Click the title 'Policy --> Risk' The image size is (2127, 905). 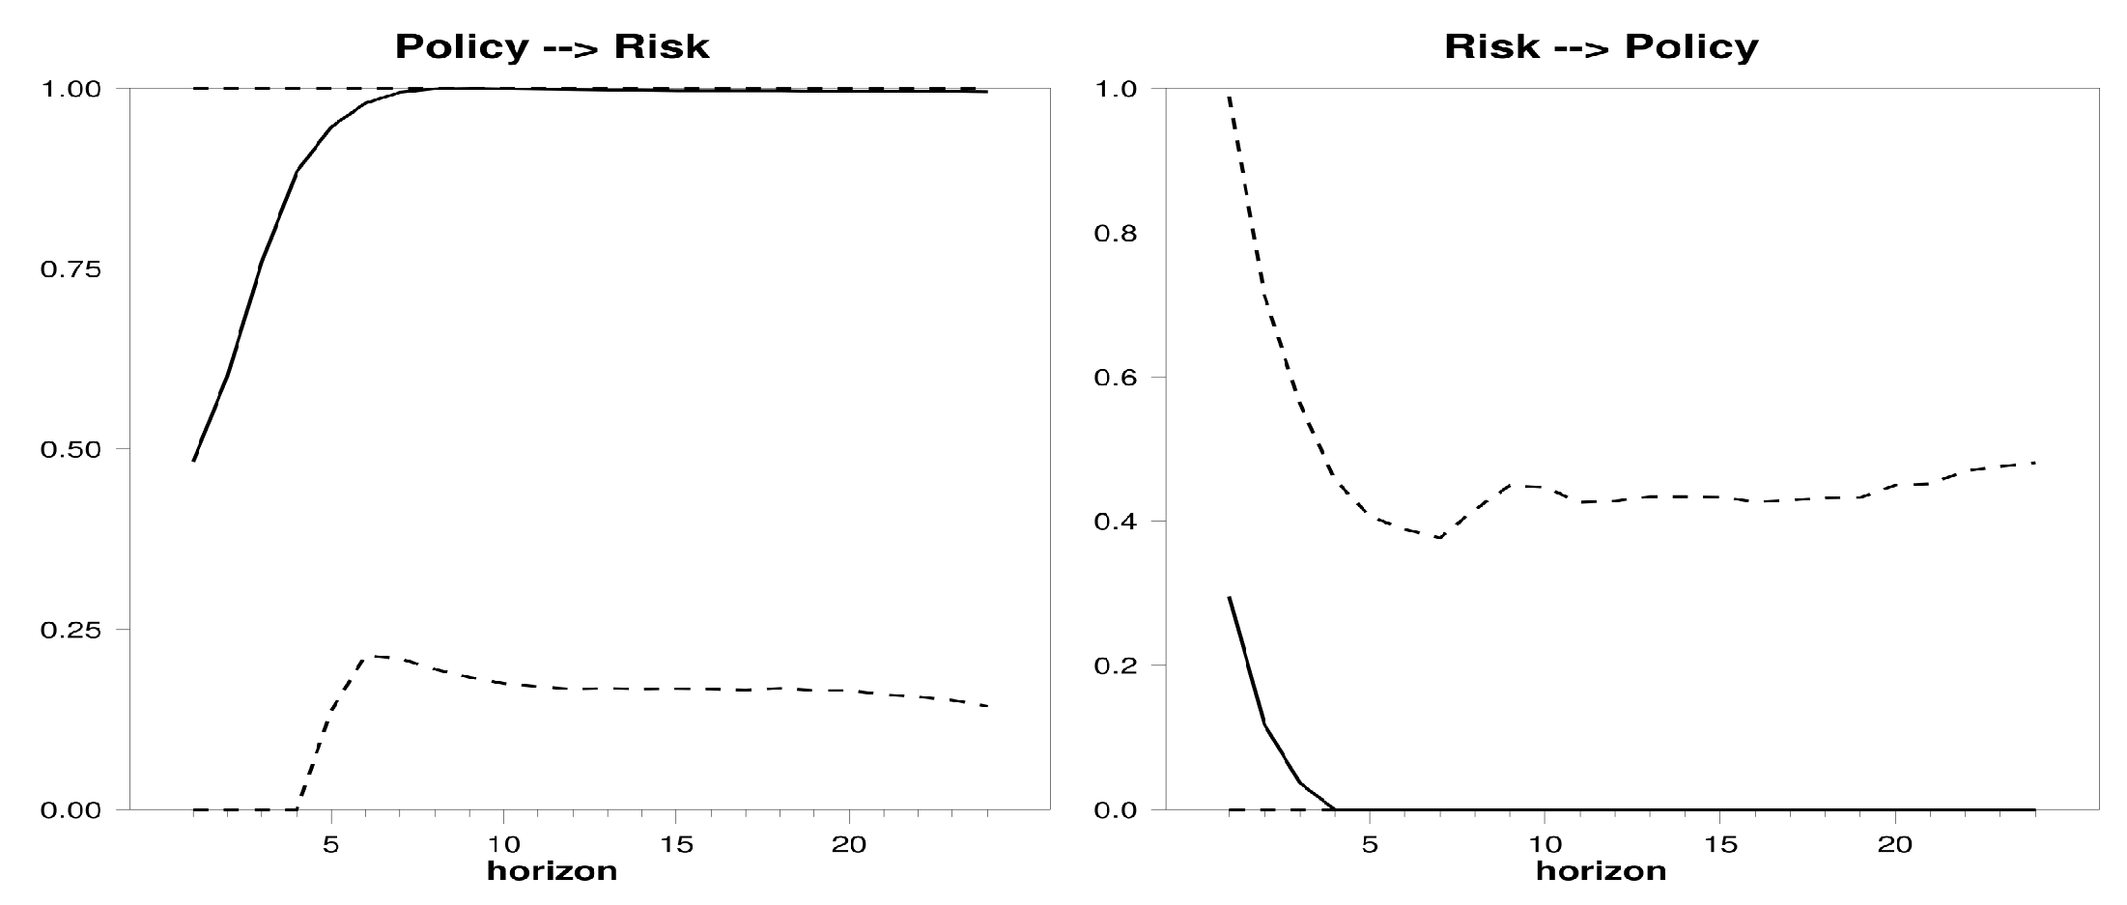(x=552, y=46)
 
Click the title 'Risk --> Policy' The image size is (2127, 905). (x=1601, y=46)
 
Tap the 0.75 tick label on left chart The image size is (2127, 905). (x=71, y=269)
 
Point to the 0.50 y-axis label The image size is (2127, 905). (x=71, y=449)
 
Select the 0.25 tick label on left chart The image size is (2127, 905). (x=71, y=630)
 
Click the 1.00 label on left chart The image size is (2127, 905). (x=71, y=89)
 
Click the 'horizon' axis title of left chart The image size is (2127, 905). (x=552, y=871)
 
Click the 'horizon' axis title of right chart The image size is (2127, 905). (x=1601, y=871)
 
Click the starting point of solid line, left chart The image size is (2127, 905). (x=193, y=462)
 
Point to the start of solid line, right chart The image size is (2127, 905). (x=1229, y=597)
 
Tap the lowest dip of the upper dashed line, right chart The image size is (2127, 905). (x=1439, y=538)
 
